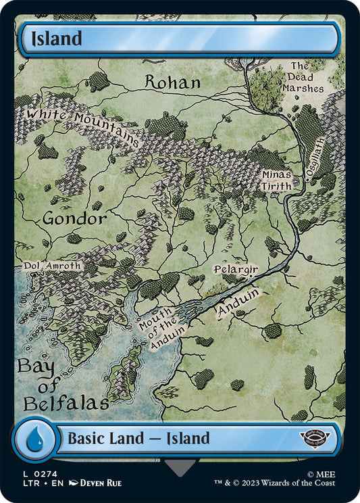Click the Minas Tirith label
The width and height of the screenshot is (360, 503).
[278, 179]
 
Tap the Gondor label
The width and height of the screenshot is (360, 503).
[74, 219]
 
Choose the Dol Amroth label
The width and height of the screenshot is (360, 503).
[53, 266]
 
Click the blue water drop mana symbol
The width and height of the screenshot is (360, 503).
[33, 439]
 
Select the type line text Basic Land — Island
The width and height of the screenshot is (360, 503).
[138, 439]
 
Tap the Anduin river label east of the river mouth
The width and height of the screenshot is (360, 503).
[238, 302]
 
